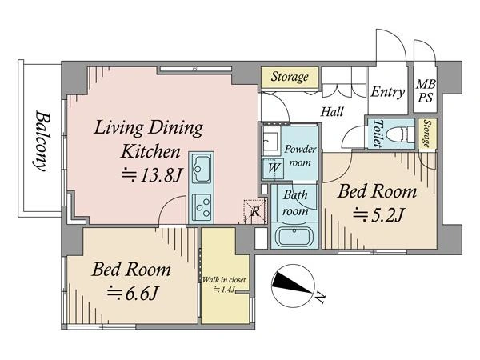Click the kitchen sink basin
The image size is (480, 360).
tap(202, 168)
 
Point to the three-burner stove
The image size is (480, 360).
tap(202, 206)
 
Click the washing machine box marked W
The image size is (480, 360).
tap(274, 168)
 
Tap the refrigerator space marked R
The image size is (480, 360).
tap(254, 211)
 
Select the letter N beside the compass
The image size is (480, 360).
tap(319, 298)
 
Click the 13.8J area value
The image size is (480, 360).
tap(152, 175)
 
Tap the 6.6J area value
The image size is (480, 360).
tap(133, 294)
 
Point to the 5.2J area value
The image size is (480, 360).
tap(378, 214)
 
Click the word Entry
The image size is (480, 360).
tap(387, 91)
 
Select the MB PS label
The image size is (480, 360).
tap(426, 90)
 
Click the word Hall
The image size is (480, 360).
tap(332, 112)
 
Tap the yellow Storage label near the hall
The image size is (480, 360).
tap(290, 77)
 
